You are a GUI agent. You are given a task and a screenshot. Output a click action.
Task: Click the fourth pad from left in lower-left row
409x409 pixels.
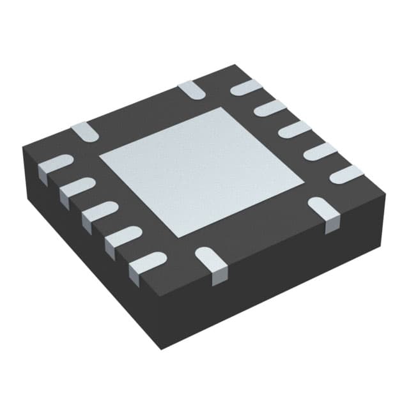[121, 236]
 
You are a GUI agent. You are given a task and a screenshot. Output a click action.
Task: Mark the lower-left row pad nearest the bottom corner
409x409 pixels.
[146, 263]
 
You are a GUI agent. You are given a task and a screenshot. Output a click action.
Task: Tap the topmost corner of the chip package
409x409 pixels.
[236, 65]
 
